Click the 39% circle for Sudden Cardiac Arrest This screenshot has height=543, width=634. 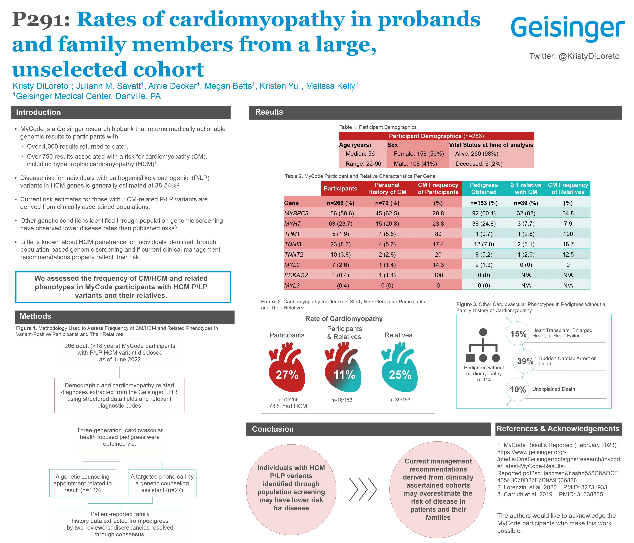[x=525, y=361]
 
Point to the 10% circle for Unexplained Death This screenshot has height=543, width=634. [x=518, y=389]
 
